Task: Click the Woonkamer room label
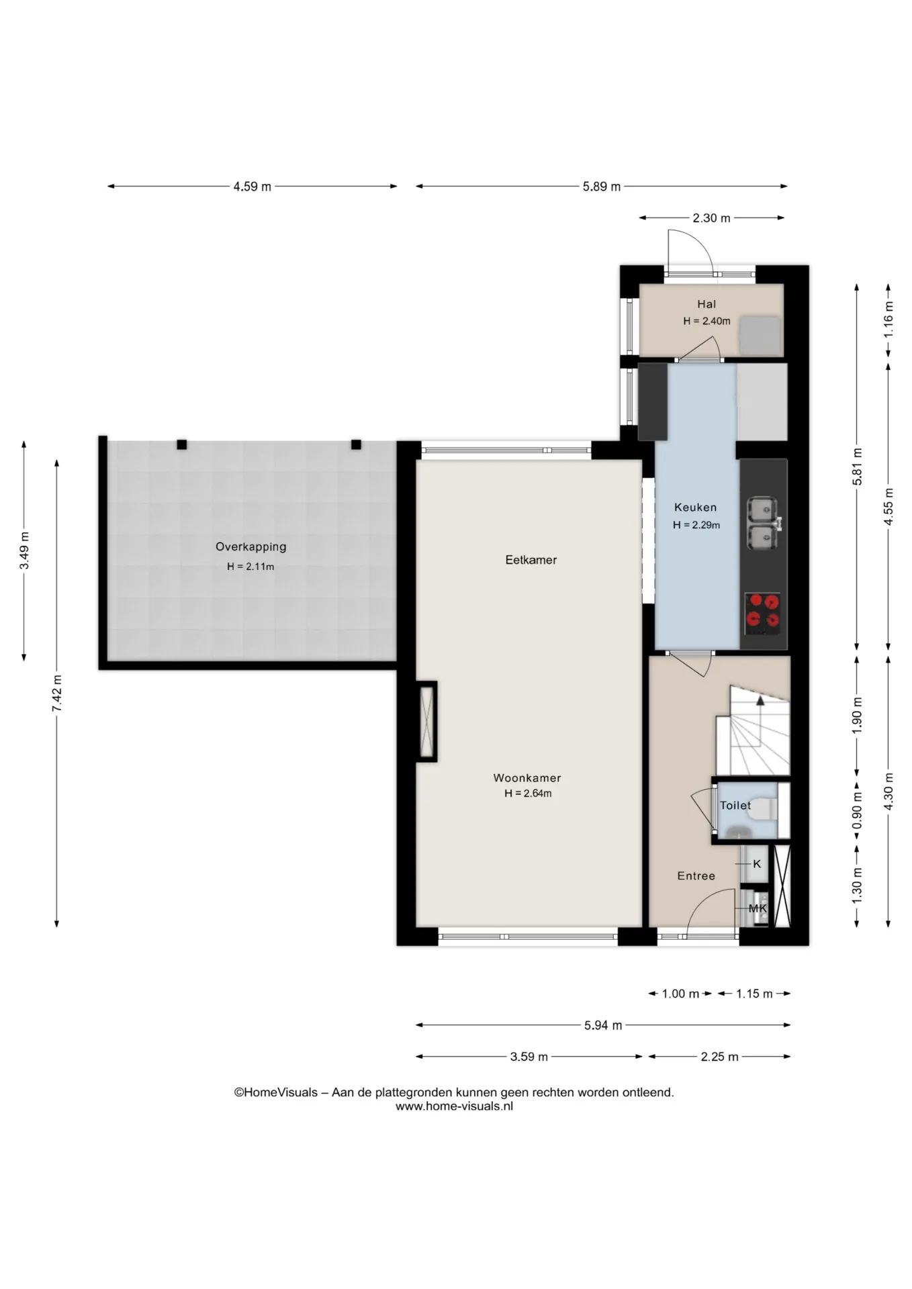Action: click(527, 778)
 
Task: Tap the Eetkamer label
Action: click(531, 560)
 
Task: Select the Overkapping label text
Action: click(250, 547)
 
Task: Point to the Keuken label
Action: click(695, 508)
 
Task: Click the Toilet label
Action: click(735, 806)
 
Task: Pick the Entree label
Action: click(696, 876)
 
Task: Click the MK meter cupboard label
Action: click(758, 908)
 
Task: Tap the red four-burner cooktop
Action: click(763, 614)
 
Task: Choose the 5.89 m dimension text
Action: click(601, 187)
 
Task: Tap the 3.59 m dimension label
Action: click(529, 1057)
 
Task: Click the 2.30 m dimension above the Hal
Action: click(711, 218)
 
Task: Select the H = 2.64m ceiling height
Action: click(528, 794)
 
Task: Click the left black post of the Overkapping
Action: click(181, 444)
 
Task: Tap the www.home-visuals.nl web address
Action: click(454, 1106)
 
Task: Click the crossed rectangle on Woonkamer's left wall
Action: click(427, 722)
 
